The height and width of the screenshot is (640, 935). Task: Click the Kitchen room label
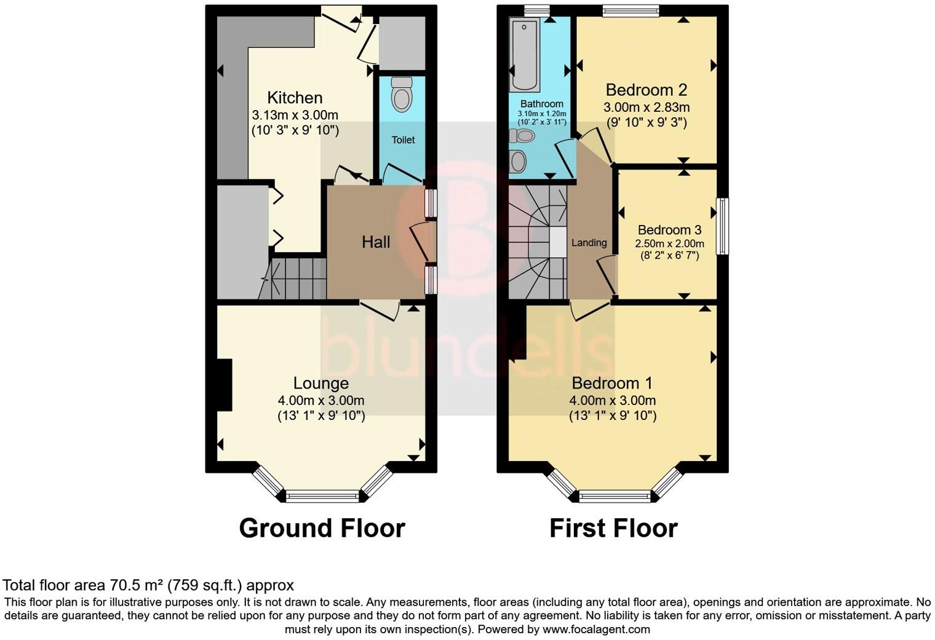pyautogui.click(x=295, y=98)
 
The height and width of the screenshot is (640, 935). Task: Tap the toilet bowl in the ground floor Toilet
pyautogui.click(x=402, y=96)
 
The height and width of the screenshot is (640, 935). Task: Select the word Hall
pyautogui.click(x=375, y=242)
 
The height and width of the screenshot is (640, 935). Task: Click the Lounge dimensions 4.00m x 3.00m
pyautogui.click(x=320, y=400)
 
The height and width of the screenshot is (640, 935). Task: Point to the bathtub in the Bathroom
pyautogui.click(x=525, y=54)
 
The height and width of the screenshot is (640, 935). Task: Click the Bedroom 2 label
pyautogui.click(x=646, y=90)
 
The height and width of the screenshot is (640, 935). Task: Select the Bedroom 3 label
pyautogui.click(x=669, y=230)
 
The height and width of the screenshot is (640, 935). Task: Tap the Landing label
pyautogui.click(x=589, y=243)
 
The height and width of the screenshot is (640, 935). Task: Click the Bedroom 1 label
pyautogui.click(x=612, y=384)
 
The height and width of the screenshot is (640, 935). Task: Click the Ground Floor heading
pyautogui.click(x=322, y=528)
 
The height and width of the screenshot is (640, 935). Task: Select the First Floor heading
pyautogui.click(x=613, y=528)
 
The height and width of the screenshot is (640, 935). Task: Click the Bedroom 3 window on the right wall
pyautogui.click(x=723, y=226)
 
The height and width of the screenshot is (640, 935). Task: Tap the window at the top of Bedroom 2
pyautogui.click(x=631, y=9)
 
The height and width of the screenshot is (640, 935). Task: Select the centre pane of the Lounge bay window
pyautogui.click(x=322, y=496)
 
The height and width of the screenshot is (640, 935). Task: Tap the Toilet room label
pyautogui.click(x=403, y=140)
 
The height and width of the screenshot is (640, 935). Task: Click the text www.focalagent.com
pyautogui.click(x=595, y=630)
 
